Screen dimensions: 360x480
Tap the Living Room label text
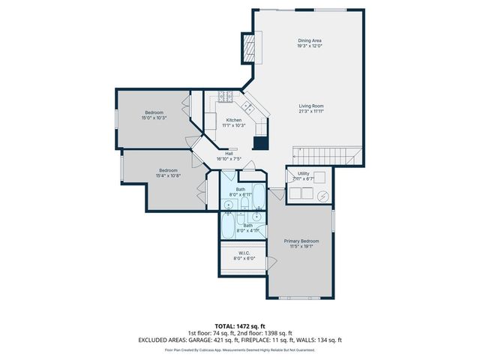pyautogui.click(x=310, y=108)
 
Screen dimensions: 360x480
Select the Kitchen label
pyautogui.click(x=234, y=122)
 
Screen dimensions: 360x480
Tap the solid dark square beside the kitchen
pyautogui.click(x=260, y=145)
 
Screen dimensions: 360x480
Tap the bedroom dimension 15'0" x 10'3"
pyautogui.click(x=153, y=115)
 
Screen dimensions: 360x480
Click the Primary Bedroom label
pyautogui.click(x=301, y=243)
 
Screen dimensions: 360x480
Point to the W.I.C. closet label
pyautogui.click(x=244, y=255)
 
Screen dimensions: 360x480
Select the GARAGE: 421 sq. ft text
pyautogui.click(x=217, y=339)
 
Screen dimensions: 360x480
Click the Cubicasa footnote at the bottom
pyautogui.click(x=239, y=349)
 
